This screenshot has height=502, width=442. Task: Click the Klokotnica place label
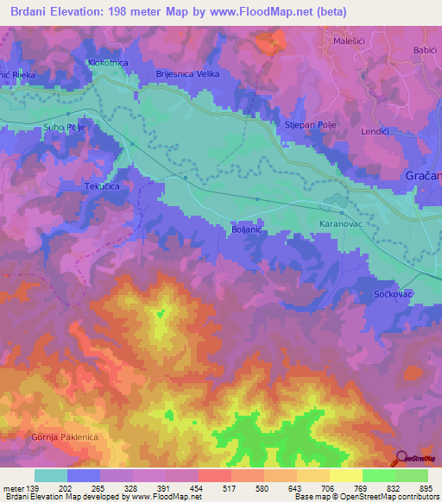click(x=109, y=63)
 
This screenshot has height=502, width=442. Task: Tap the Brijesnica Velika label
click(x=187, y=74)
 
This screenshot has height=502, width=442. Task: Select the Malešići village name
click(x=350, y=40)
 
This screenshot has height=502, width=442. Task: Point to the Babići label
click(x=425, y=50)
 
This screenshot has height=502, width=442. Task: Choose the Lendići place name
click(x=376, y=131)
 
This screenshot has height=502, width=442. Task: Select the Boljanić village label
click(x=247, y=229)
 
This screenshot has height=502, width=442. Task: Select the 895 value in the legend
click(x=426, y=487)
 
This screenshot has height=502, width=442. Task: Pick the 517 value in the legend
click(x=230, y=487)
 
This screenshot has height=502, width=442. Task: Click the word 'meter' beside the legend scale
click(x=12, y=487)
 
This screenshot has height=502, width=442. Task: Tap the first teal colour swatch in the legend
click(x=50, y=475)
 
